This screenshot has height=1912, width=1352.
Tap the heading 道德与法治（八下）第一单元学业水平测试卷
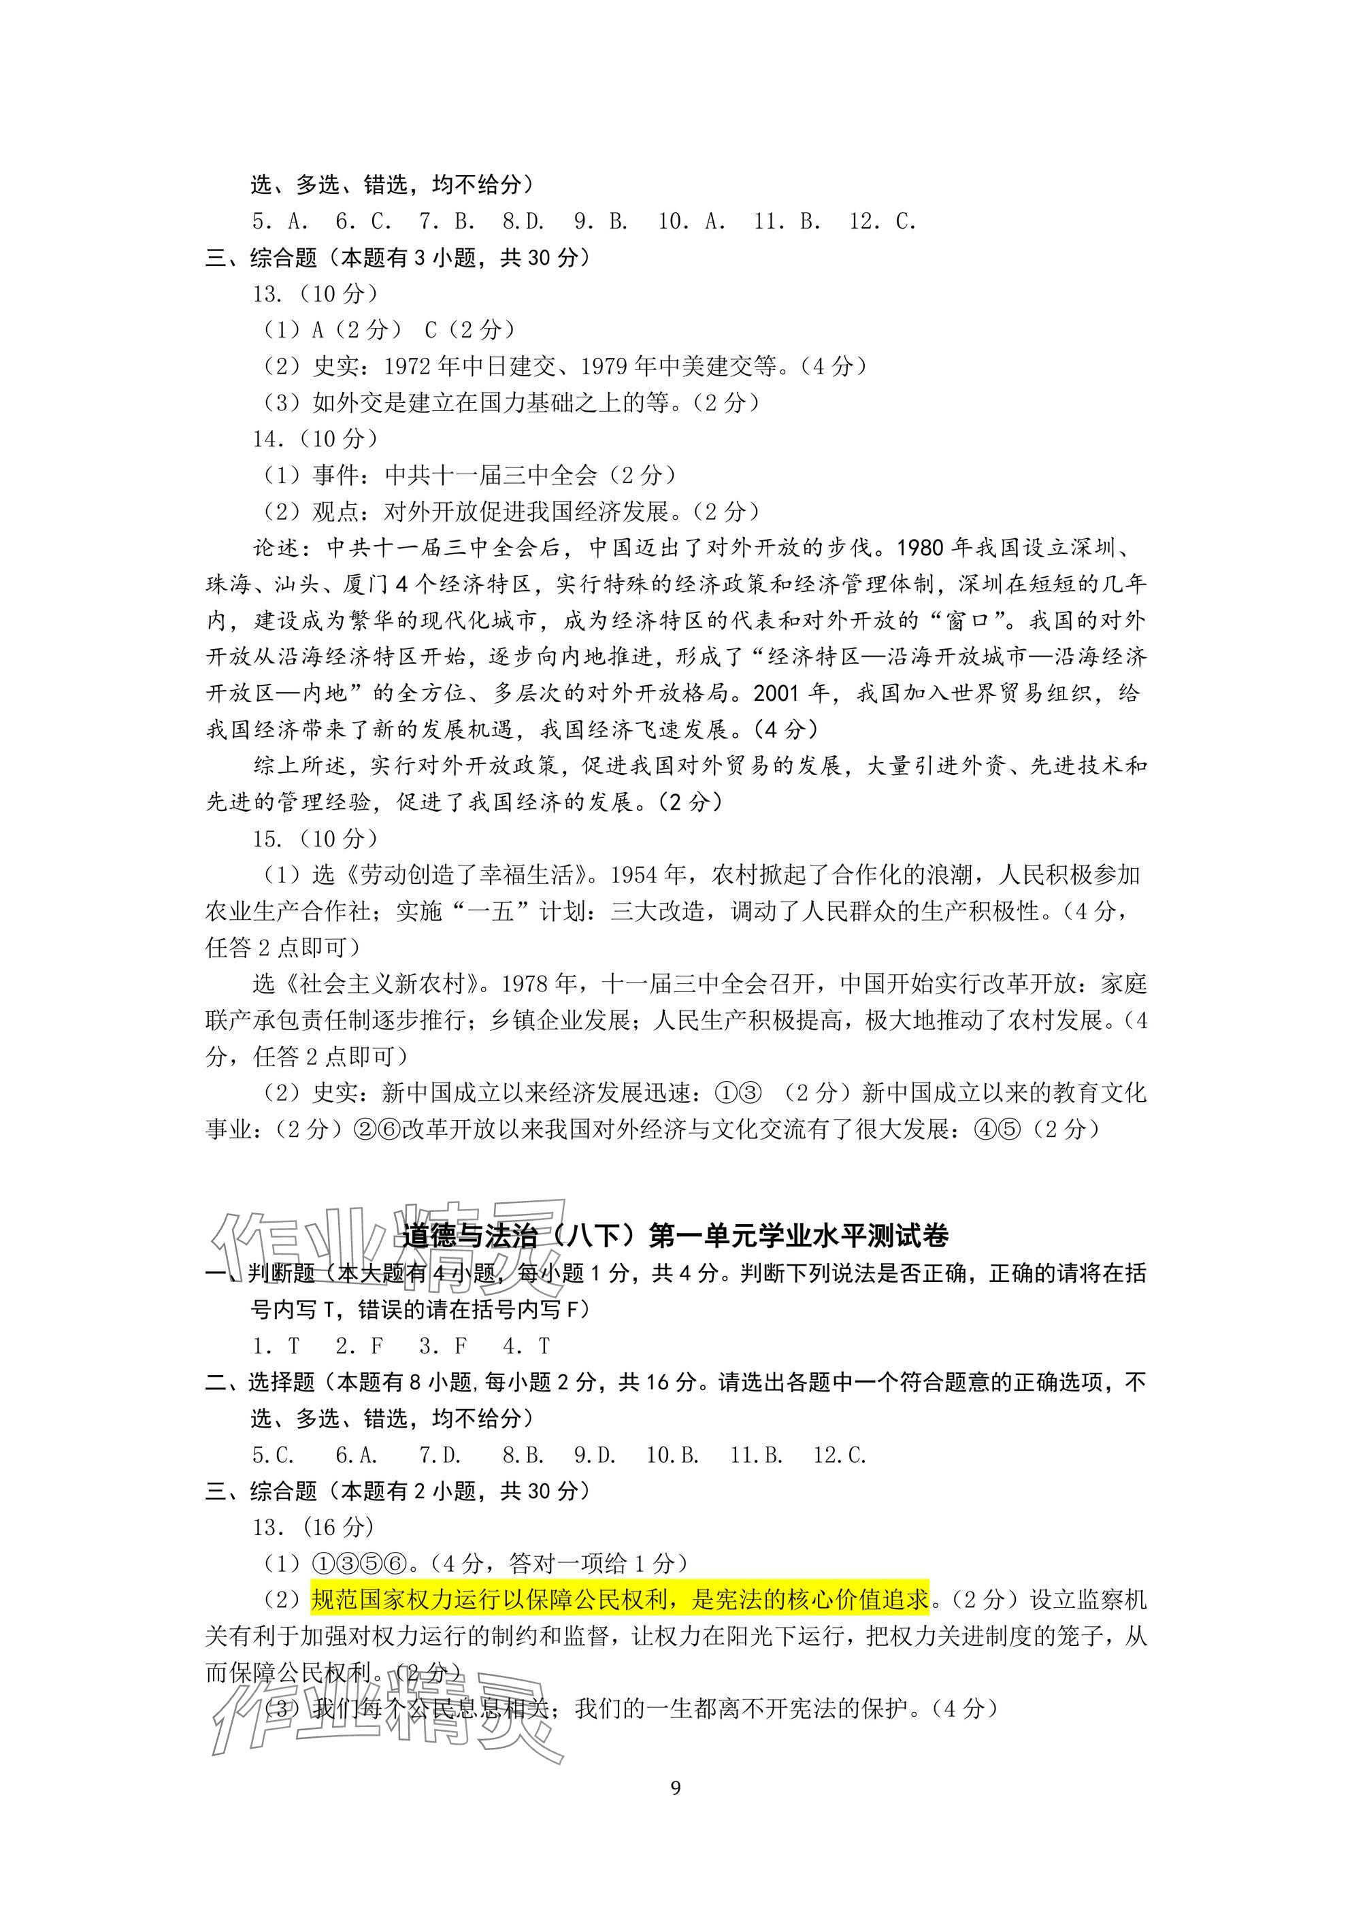pyautogui.click(x=675, y=1235)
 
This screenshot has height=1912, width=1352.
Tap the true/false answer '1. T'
pyautogui.click(x=276, y=1346)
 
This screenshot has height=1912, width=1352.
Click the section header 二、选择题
pyautogui.click(x=260, y=1383)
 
